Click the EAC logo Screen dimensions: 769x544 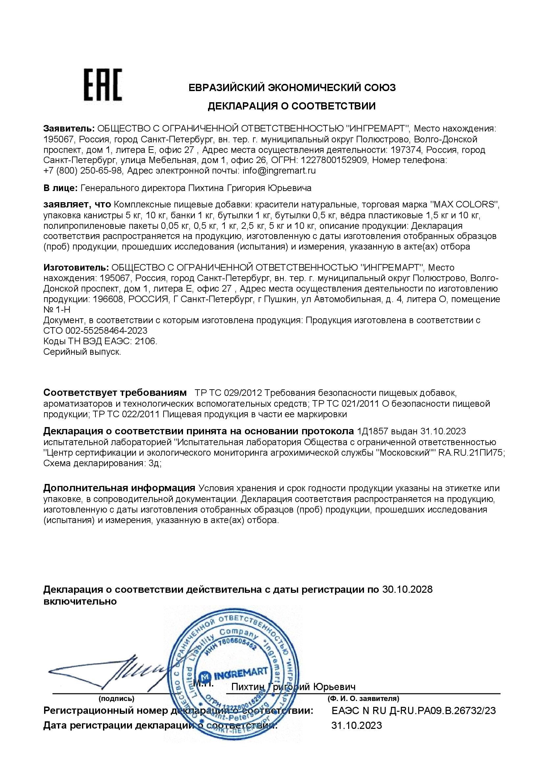click(103, 85)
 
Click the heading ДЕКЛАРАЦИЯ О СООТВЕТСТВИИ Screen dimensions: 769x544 click(292, 106)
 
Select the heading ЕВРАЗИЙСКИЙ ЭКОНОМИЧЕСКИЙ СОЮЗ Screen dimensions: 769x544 click(292, 88)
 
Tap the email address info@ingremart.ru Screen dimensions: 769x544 click(279, 171)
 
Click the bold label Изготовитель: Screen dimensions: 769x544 click(76, 268)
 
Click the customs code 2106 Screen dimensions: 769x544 click(145, 341)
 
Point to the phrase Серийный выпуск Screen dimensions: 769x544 click(82, 352)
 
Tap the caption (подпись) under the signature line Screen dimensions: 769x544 click(116, 699)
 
